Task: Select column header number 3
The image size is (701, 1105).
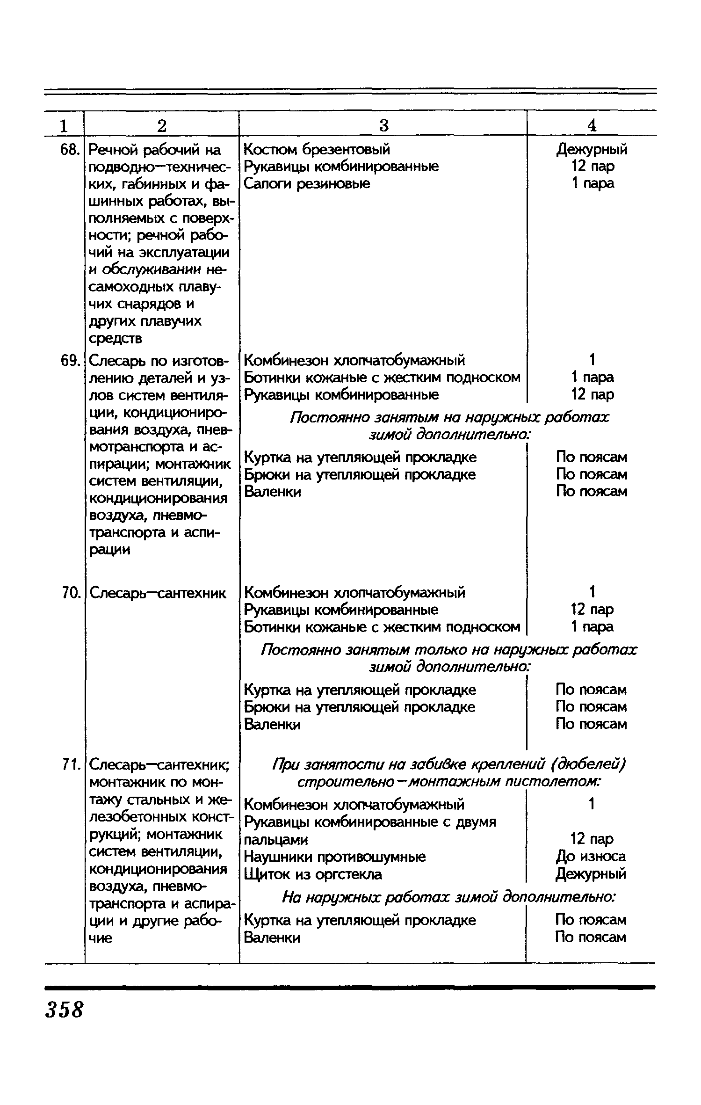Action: click(383, 125)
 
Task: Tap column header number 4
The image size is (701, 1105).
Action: click(592, 125)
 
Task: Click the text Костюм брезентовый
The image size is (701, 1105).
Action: click(317, 149)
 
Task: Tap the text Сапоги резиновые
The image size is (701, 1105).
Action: click(307, 183)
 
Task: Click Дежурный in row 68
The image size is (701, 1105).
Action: click(592, 149)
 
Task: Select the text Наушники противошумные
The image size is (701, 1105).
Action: click(335, 857)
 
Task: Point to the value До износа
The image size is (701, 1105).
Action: click(591, 857)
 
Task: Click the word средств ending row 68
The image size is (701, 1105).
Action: click(116, 338)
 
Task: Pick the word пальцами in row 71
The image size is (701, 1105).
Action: click(276, 840)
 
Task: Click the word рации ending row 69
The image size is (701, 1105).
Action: click(109, 550)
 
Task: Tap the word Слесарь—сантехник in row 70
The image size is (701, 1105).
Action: click(158, 593)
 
